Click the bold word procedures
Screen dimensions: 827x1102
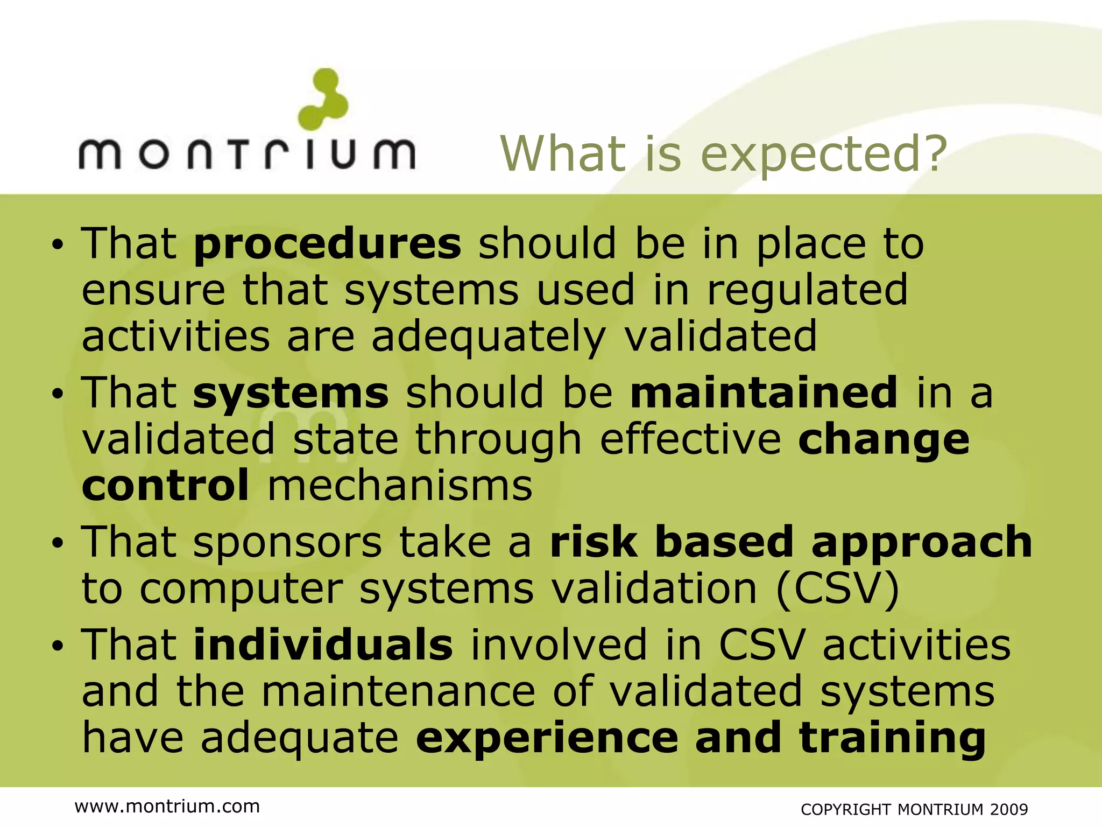click(327, 244)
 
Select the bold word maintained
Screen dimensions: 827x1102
click(764, 393)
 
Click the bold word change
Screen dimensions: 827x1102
click(884, 439)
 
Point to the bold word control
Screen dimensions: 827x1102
click(165, 485)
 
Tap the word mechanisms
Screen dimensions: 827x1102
click(400, 485)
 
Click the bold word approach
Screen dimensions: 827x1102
click(921, 542)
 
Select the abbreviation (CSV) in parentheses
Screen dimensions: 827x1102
click(838, 588)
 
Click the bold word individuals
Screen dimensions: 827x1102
click(323, 644)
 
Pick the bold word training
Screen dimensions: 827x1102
click(893, 738)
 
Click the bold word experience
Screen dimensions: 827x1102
click(547, 738)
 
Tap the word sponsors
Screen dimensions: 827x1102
click(287, 543)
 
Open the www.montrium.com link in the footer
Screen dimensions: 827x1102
click(167, 806)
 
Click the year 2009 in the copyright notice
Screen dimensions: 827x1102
click(1009, 810)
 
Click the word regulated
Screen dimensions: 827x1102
click(807, 290)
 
